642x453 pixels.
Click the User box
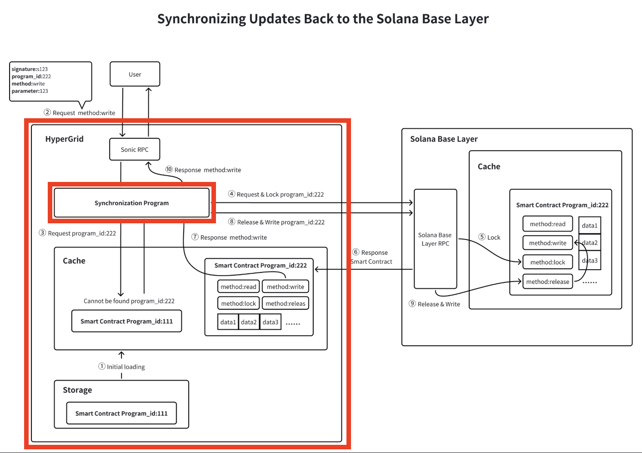pyautogui.click(x=135, y=74)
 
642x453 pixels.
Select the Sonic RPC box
pyautogui.click(x=135, y=150)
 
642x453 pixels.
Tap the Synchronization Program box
pyautogui.click(x=131, y=203)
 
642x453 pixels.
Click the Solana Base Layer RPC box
pyautogui.click(x=435, y=239)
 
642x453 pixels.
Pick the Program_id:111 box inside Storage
pyautogui.click(x=121, y=413)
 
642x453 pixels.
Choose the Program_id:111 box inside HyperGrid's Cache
pyautogui.click(x=126, y=321)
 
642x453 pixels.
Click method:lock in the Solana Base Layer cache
pyautogui.click(x=547, y=262)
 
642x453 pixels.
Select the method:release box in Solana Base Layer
pyautogui.click(x=547, y=282)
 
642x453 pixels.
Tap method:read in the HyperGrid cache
pyautogui.click(x=238, y=287)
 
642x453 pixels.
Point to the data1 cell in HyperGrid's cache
pyautogui.click(x=228, y=322)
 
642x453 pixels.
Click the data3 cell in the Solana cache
pyautogui.click(x=590, y=261)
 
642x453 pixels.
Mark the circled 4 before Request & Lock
pyautogui.click(x=231, y=194)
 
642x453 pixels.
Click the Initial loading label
pyautogui.click(x=125, y=367)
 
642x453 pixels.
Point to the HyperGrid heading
pyautogui.click(x=65, y=139)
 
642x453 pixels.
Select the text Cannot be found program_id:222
pyautogui.click(x=129, y=301)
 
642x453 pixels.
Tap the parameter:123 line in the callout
pyautogui.click(x=30, y=91)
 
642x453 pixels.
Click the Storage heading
pyautogui.click(x=77, y=390)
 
